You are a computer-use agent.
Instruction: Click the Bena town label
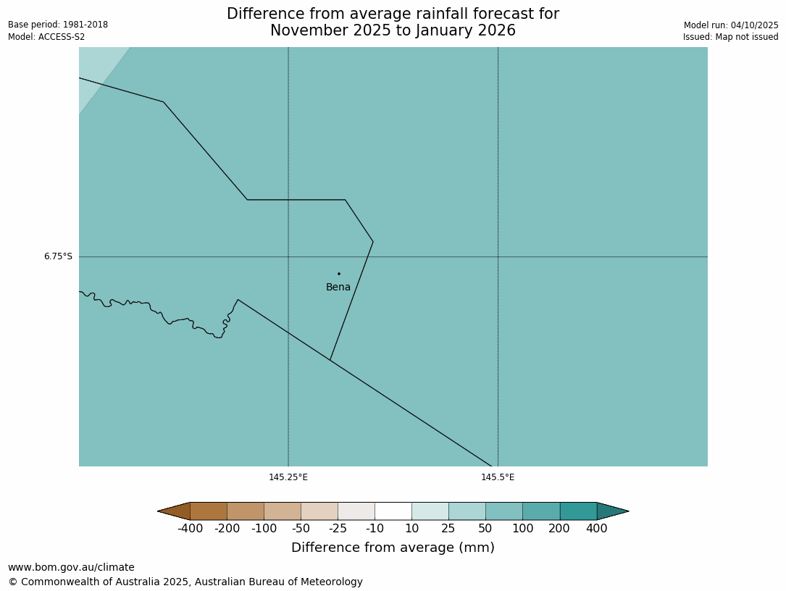coord(338,288)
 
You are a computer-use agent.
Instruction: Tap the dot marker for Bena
coord(338,274)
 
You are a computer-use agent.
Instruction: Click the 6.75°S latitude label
coord(58,256)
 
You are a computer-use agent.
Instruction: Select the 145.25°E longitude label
coord(288,477)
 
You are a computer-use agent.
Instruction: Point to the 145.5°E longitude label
coord(498,477)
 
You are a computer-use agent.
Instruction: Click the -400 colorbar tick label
coord(190,529)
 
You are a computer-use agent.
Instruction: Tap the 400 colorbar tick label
coord(596,529)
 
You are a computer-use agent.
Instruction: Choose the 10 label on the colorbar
coord(411,529)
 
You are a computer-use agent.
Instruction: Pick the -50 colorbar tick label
coord(301,529)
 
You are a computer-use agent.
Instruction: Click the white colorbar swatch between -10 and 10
coord(393,511)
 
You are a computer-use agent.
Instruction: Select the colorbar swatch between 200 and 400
coord(578,511)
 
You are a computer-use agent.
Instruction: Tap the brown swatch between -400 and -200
coord(209,511)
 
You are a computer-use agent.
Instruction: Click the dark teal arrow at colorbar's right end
coord(611,511)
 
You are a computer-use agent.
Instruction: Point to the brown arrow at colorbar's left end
coord(175,511)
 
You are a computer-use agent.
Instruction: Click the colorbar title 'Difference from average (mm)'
coord(393,548)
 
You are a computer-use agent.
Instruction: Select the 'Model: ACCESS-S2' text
coord(46,37)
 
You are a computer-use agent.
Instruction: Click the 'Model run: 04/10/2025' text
coord(731,25)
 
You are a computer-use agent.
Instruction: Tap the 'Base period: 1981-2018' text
coord(58,25)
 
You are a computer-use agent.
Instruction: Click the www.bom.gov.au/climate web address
coord(71,568)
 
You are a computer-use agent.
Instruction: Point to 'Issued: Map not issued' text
coord(730,38)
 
